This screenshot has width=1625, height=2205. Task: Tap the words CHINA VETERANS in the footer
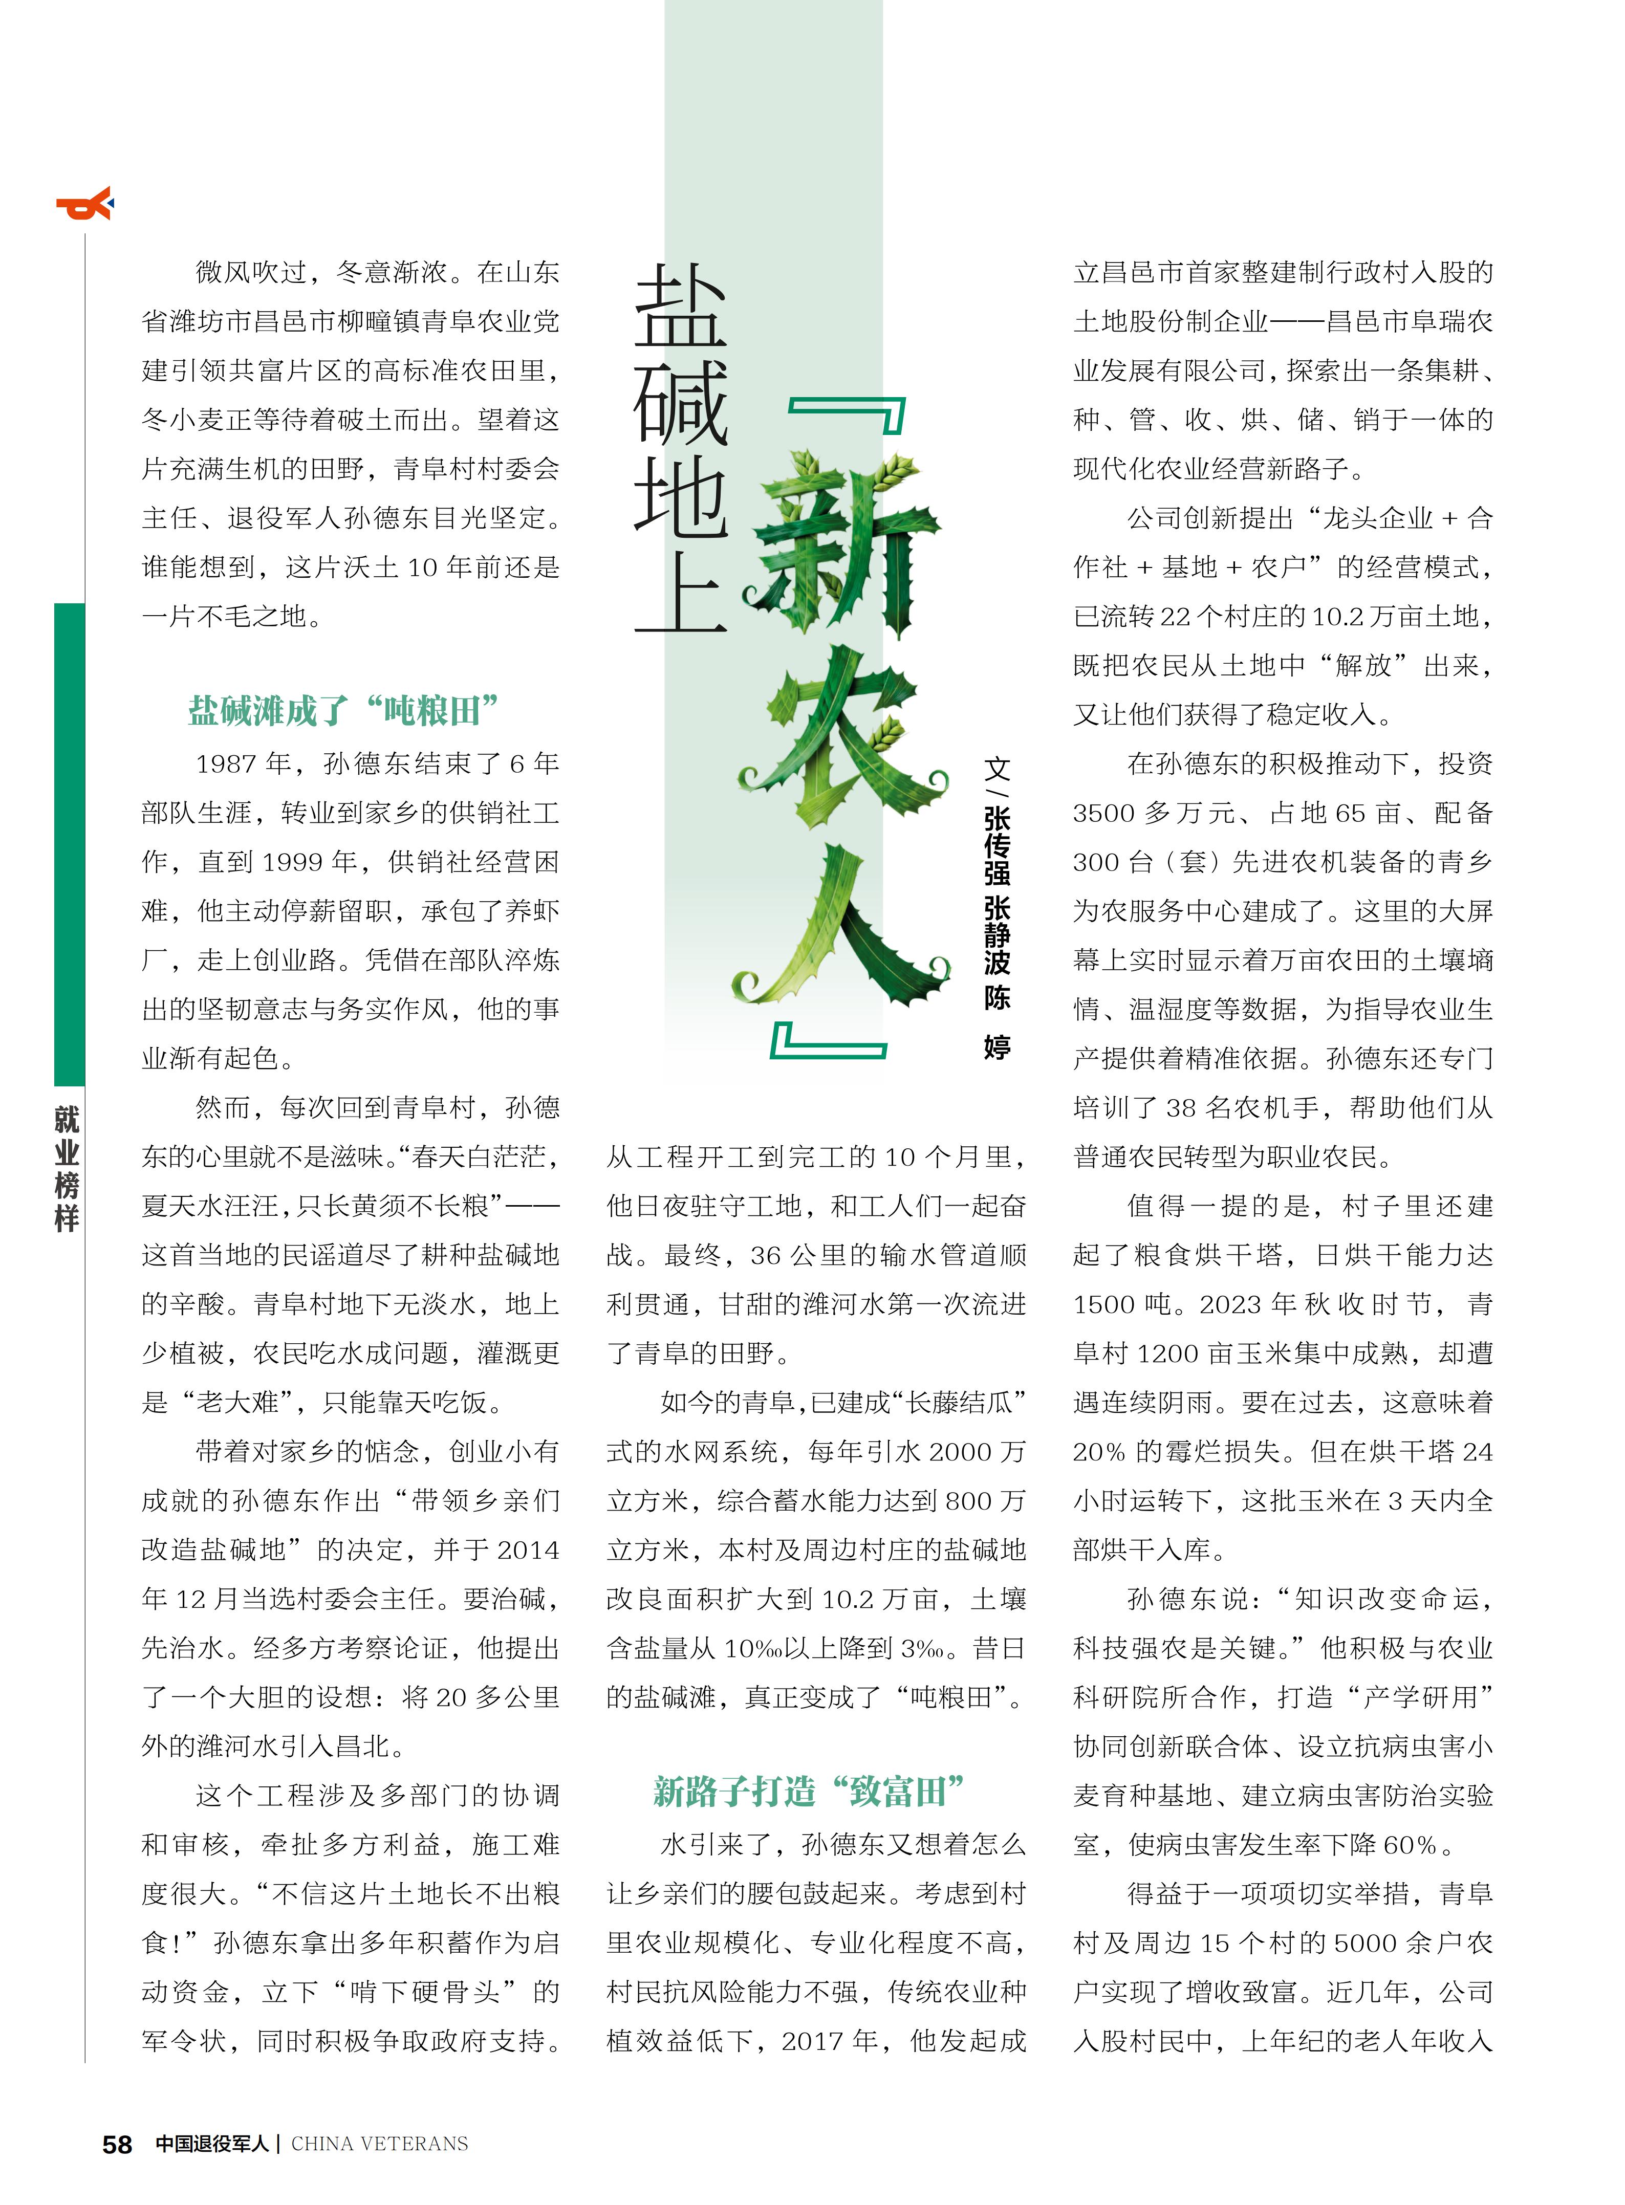[380, 2143]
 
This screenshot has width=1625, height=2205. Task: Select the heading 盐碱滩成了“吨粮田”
[343, 710]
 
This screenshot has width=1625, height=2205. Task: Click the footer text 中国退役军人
[211, 2143]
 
